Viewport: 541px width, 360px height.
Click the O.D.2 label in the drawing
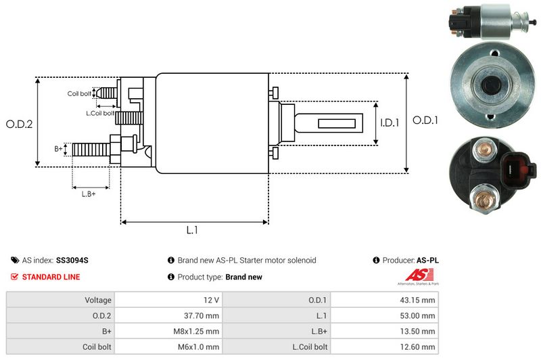(20, 124)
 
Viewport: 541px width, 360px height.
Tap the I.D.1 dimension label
(390, 123)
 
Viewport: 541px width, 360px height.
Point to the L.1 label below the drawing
(192, 230)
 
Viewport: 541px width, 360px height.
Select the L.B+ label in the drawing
(89, 194)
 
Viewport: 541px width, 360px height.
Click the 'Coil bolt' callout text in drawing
(79, 93)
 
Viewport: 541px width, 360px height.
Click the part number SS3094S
(72, 260)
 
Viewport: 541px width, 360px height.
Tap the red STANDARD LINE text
(51, 277)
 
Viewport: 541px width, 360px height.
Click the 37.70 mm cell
(203, 315)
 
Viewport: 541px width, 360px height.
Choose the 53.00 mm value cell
(419, 315)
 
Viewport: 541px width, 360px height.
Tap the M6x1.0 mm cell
(199, 346)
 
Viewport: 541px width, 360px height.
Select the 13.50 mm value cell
(419, 331)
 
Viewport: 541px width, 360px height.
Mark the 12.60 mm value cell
(419, 346)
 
